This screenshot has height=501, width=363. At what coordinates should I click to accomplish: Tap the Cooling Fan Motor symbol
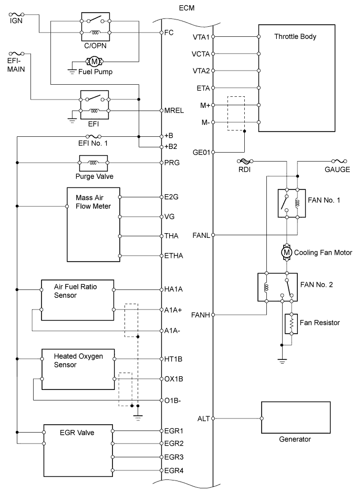287,253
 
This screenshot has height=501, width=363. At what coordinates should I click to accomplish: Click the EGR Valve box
78,450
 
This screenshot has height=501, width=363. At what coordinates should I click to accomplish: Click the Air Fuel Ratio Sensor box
78,300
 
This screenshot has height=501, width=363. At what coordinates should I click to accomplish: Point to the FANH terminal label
201,315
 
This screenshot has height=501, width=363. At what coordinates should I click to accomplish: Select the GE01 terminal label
202,153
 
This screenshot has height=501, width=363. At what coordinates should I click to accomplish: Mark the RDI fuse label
245,170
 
